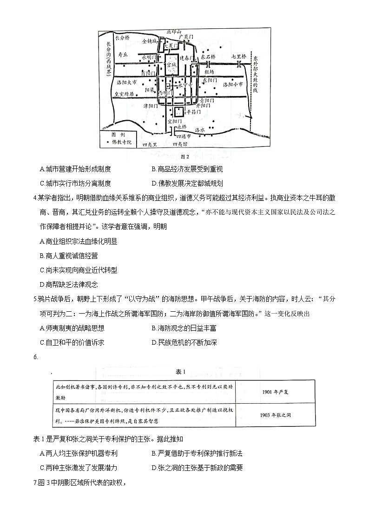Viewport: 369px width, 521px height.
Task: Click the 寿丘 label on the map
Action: click(122, 54)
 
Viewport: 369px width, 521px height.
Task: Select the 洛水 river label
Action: click(200, 130)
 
